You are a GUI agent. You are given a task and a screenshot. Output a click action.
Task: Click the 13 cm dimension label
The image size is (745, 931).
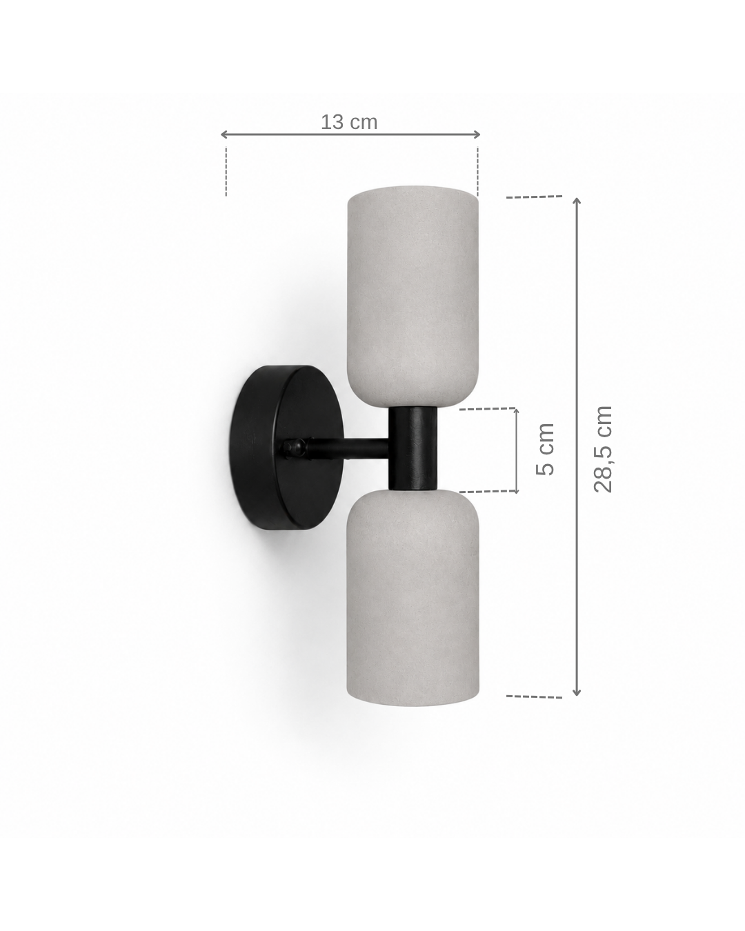tap(349, 123)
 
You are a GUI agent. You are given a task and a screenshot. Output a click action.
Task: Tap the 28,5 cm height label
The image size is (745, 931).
tap(603, 450)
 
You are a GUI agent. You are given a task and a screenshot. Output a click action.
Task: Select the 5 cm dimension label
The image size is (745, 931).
tap(545, 450)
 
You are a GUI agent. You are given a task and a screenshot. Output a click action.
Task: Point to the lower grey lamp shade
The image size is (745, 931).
tap(413, 598)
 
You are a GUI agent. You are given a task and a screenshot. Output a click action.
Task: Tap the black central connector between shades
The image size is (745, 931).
tap(413, 448)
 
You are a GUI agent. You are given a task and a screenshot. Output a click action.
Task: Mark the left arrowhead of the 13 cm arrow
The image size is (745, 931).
tap(223, 134)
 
